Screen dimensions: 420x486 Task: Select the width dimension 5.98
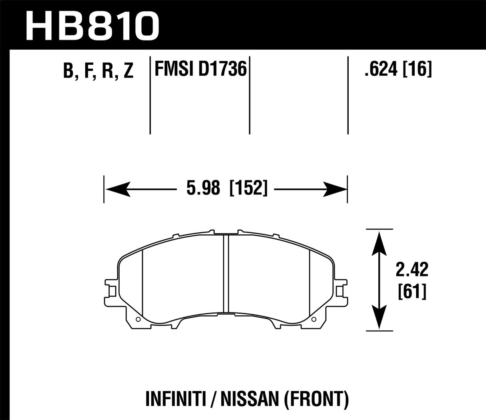coord(203,188)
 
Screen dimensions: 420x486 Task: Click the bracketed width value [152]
coord(248,188)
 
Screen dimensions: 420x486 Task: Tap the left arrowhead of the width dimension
coord(116,188)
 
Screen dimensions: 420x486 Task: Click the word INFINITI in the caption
coord(171,399)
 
